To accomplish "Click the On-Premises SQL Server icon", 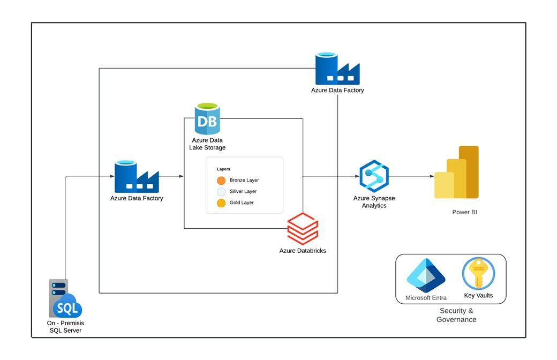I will click(65, 298).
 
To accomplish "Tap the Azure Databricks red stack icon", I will click(303, 229).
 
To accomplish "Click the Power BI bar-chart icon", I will click(456, 172).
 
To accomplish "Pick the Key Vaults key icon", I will click(478, 273).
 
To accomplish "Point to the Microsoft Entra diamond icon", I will click(426, 275).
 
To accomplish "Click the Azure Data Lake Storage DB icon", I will click(207, 119).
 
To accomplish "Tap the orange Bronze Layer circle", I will click(221, 180).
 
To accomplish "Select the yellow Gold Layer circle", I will click(221, 202).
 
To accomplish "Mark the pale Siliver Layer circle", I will click(221, 191).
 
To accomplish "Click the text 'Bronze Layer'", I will click(244, 180).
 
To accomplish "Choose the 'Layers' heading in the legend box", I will click(223, 169).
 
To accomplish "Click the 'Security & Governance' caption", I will click(456, 315).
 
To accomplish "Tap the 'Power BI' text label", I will click(464, 212).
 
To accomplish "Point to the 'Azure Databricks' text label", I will click(303, 251).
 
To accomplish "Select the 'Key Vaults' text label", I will click(479, 296).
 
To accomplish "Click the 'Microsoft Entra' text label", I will click(426, 298).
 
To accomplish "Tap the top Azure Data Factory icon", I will click(337, 69).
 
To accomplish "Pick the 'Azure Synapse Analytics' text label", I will click(374, 202).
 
